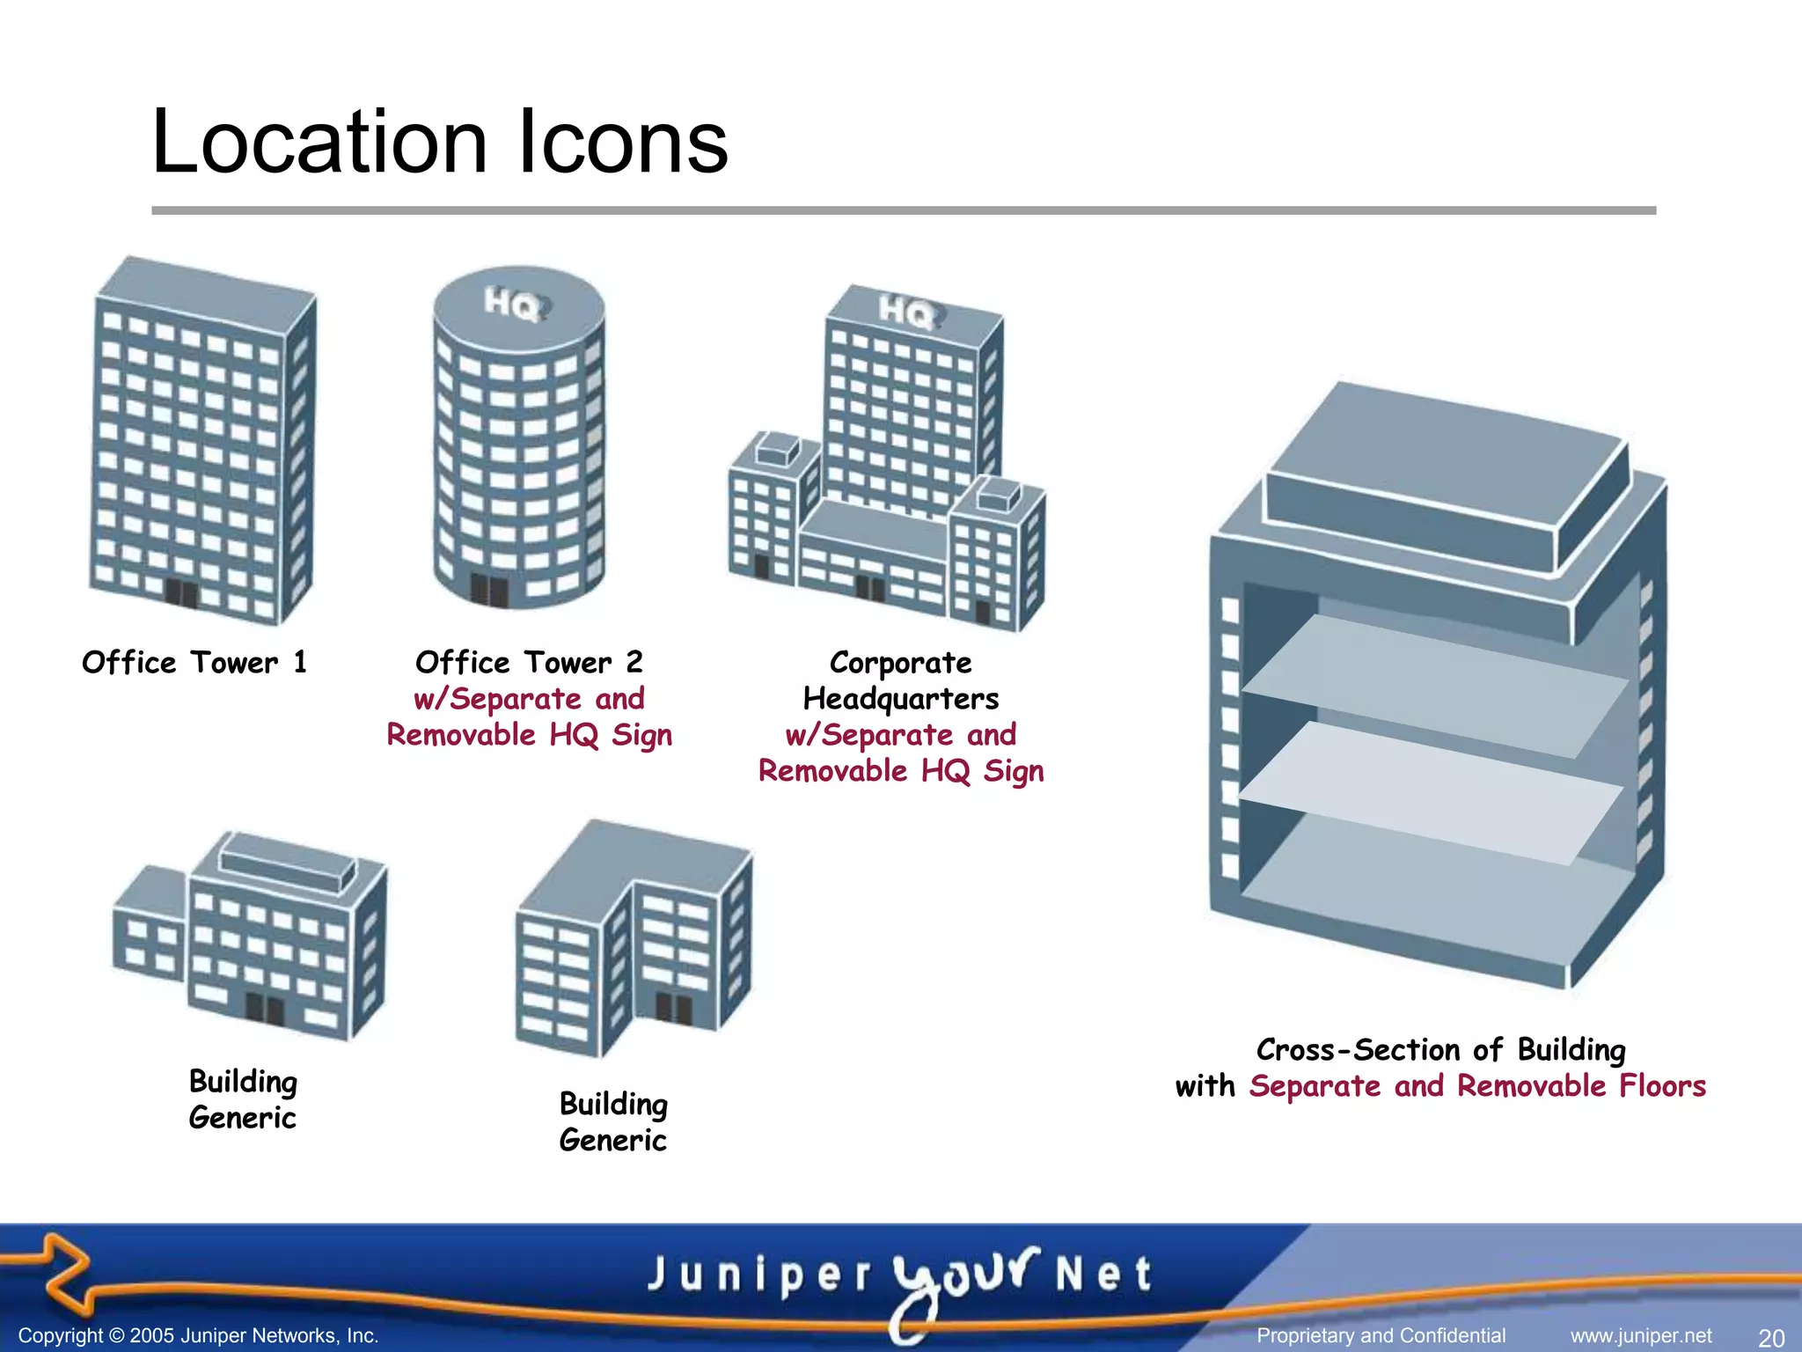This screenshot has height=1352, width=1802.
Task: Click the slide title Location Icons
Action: tap(440, 143)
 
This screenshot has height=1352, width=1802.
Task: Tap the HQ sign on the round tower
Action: tap(513, 305)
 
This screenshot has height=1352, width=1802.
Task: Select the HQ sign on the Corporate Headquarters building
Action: tap(907, 312)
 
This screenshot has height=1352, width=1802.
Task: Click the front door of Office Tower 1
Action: tap(182, 593)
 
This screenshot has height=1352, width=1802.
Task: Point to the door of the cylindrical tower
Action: tap(489, 590)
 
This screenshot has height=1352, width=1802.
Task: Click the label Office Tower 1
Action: tap(194, 662)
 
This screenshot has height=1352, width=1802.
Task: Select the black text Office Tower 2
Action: tap(529, 662)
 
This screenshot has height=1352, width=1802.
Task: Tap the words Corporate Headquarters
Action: tap(901, 680)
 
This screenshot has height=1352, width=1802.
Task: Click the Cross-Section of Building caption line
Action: tap(1440, 1049)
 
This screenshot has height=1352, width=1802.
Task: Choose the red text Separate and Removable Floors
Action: tap(1477, 1086)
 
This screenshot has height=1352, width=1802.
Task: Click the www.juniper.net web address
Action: tap(1641, 1336)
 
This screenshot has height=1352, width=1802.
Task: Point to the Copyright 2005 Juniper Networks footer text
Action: tap(198, 1336)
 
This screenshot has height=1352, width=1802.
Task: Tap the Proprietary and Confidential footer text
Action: tap(1381, 1336)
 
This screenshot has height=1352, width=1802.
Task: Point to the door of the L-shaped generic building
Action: tap(673, 1009)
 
